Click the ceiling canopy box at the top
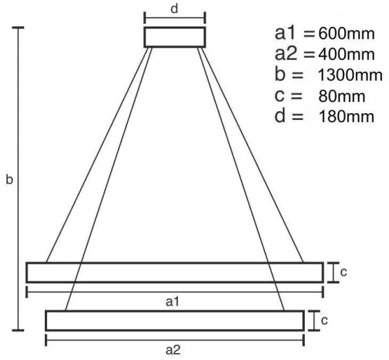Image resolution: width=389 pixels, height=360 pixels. click(x=174, y=37)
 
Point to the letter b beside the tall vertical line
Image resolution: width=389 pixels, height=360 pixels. click(x=8, y=180)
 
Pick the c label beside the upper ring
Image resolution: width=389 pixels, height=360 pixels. click(x=343, y=272)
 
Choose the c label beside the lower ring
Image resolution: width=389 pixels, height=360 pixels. click(x=324, y=321)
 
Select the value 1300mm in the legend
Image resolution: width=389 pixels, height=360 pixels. click(x=347, y=75)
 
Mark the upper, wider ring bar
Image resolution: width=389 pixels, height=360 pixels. click(x=174, y=272)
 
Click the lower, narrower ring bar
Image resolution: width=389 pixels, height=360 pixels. click(x=174, y=321)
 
